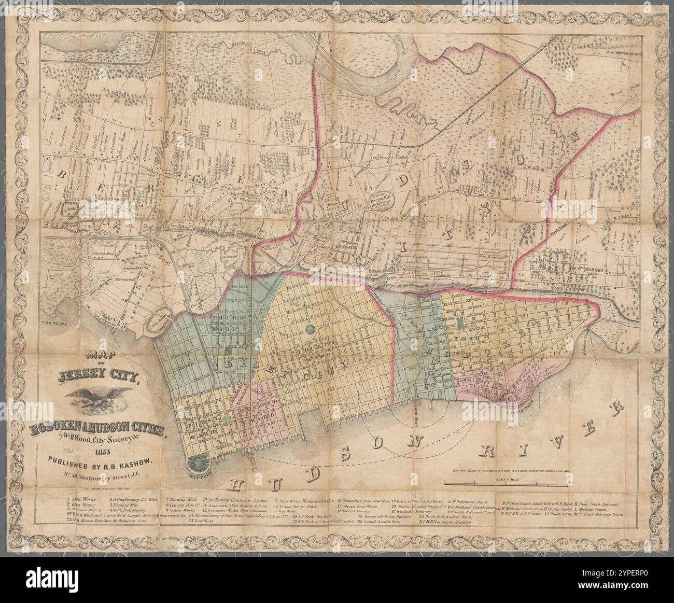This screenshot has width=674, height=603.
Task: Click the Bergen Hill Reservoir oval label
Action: click(382, 200)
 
